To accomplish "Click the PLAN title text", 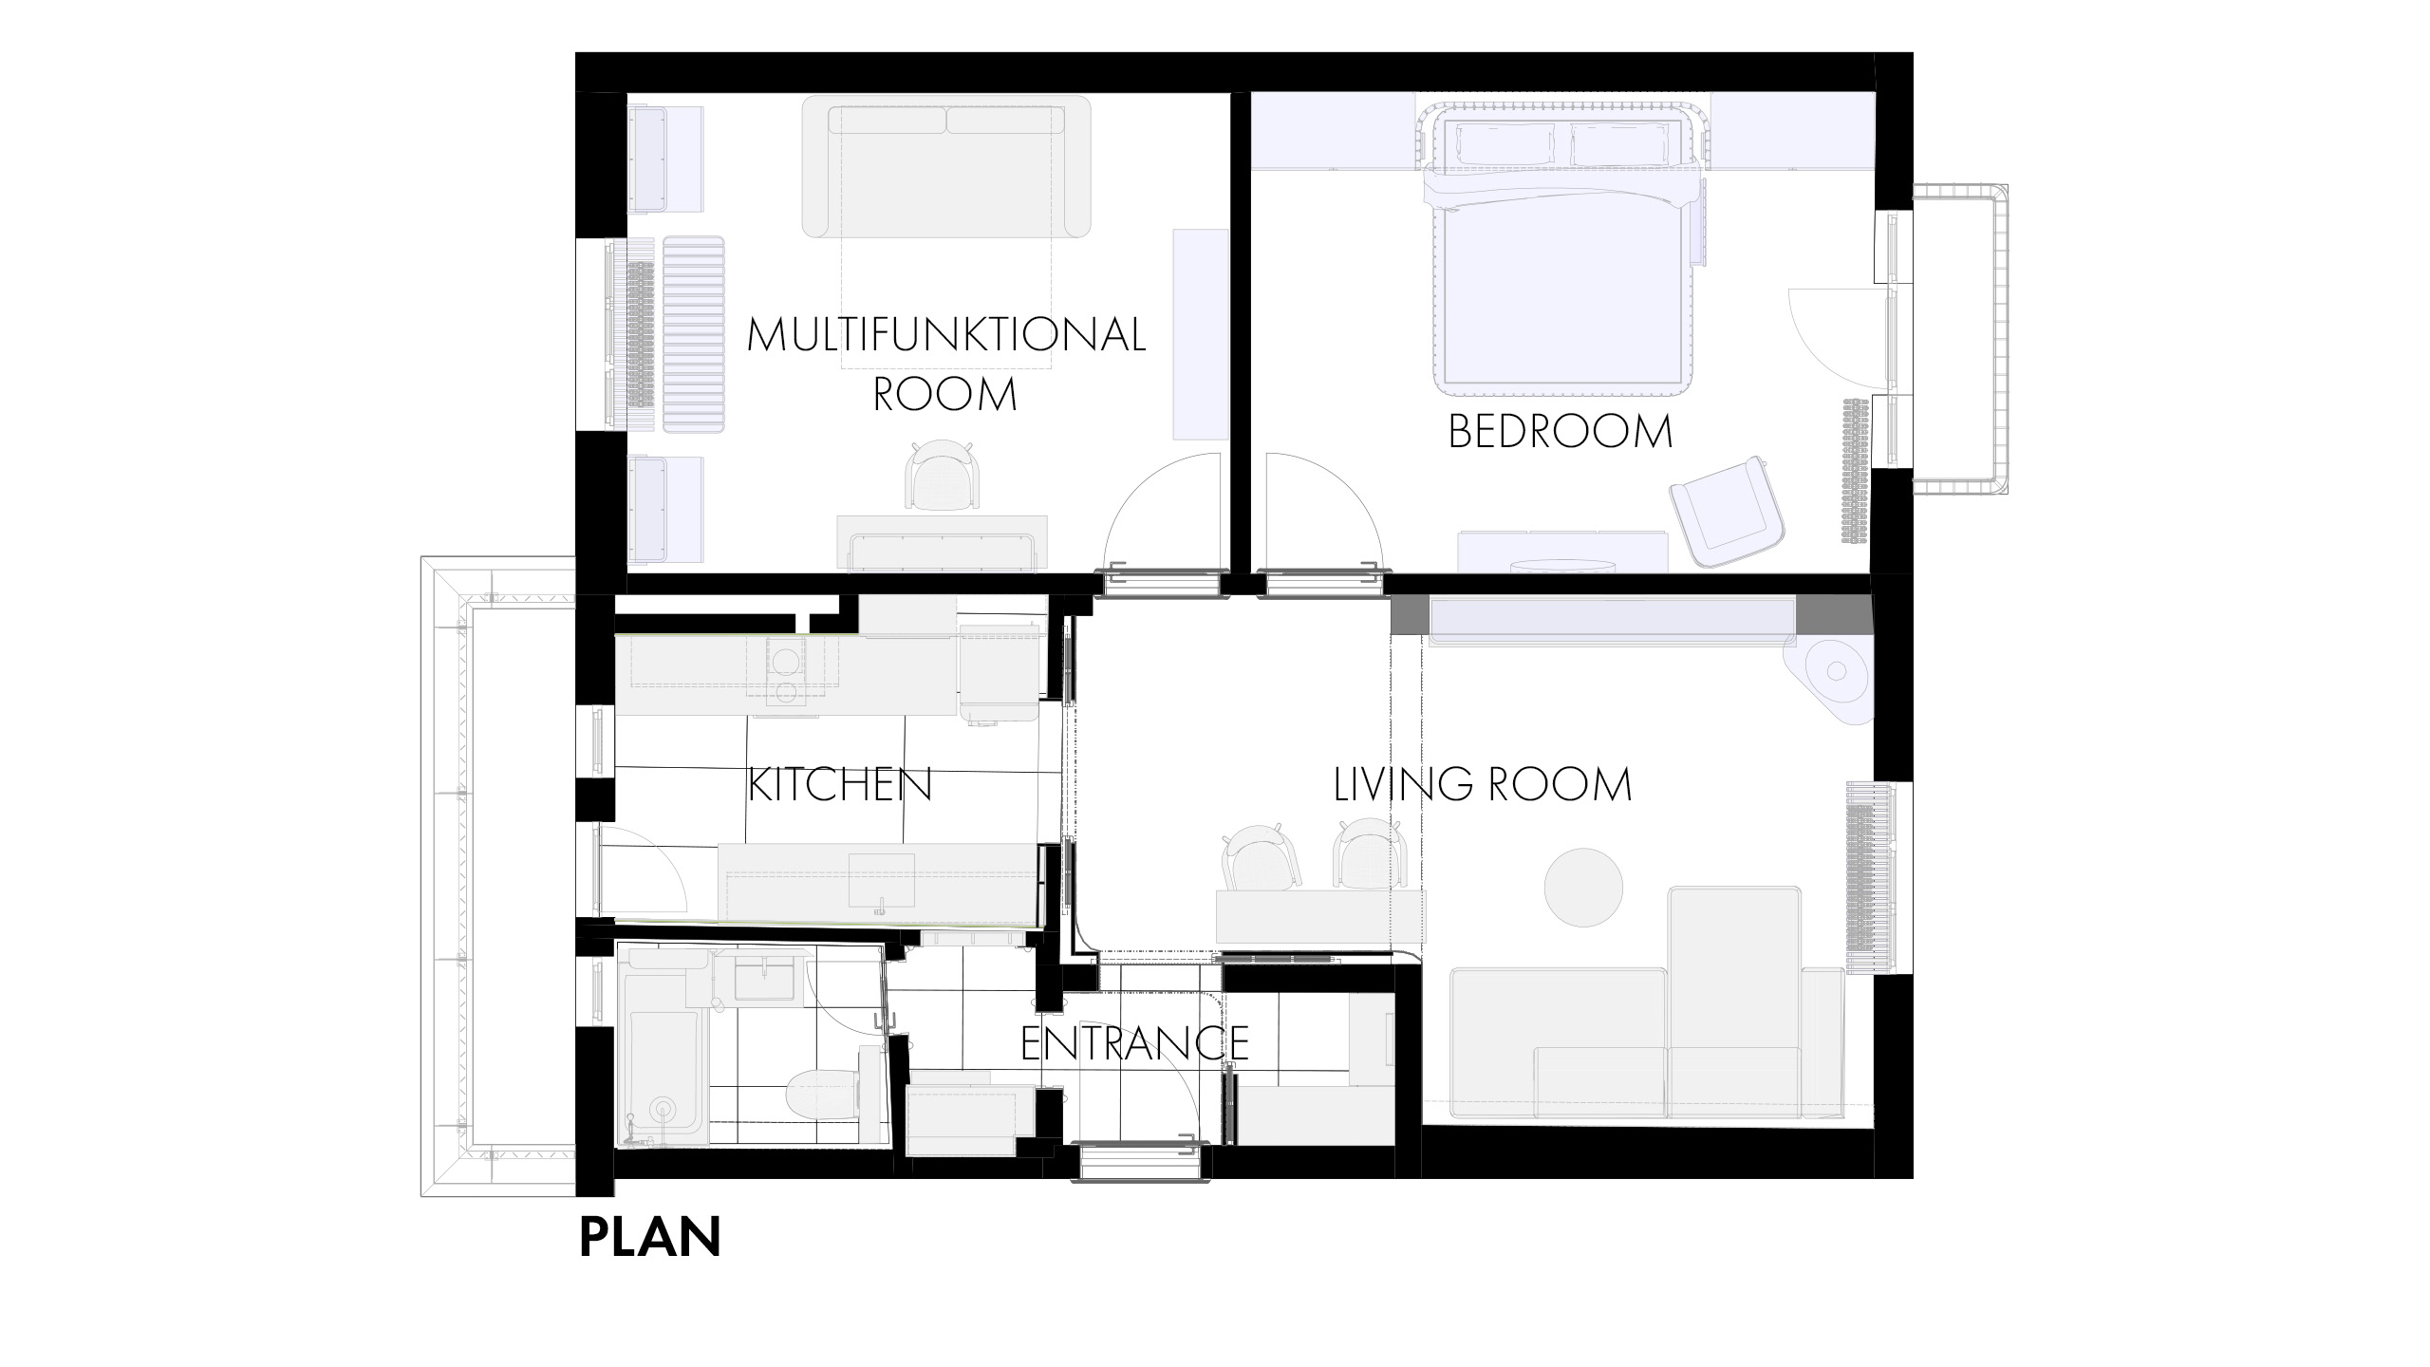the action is pos(650,1238).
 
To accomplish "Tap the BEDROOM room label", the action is pos(1560,432).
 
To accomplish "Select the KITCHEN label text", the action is pos(840,785).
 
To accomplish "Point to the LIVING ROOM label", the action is pos(1483,785).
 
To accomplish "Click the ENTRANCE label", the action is pos(1134,1043).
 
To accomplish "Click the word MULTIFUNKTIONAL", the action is pos(946,335).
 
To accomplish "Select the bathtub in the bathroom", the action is pos(664,1050).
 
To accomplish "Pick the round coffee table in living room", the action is pos(1583,889).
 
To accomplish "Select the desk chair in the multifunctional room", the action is pos(941,477).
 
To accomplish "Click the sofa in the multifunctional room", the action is pos(946,167).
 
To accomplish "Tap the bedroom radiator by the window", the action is pos(1854,471).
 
